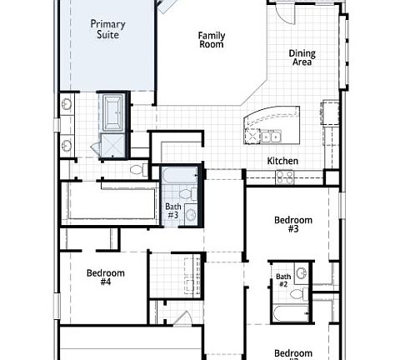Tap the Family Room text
point(212,39)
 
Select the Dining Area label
point(302,57)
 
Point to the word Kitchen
point(282,161)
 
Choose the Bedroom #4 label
point(106,277)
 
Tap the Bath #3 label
point(172,211)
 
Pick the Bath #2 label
point(283,280)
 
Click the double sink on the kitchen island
point(271,136)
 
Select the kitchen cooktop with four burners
point(285,176)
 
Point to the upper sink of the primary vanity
point(66,105)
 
